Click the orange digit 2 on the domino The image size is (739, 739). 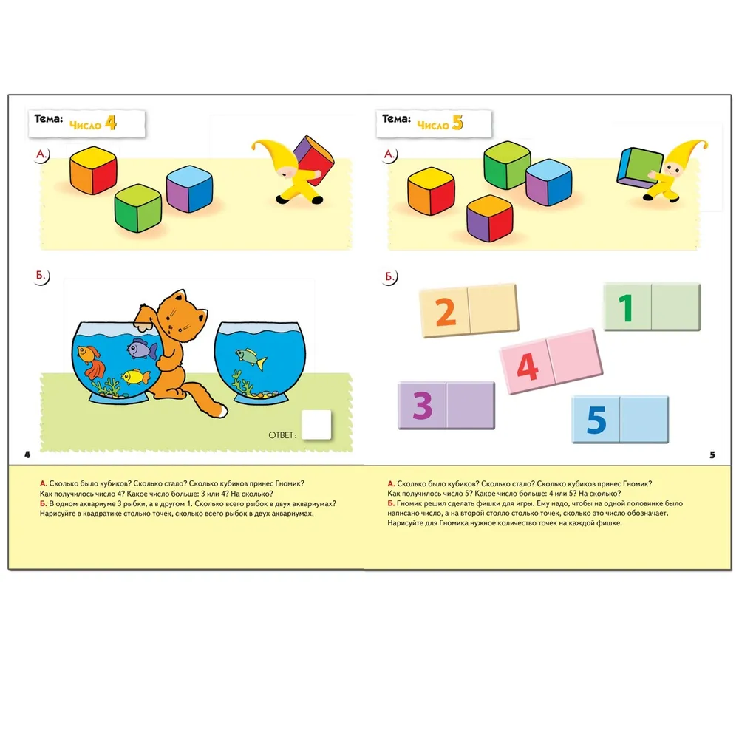pos(446,312)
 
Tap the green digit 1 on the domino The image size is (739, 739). pos(625,307)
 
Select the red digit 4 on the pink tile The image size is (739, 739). pos(527,367)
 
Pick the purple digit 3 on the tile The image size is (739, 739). pos(422,405)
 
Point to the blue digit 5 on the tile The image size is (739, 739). pos(596,419)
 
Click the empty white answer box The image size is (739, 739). pos(316,425)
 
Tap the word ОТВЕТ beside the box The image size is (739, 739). pos(282,435)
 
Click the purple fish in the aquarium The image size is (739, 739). pos(142,350)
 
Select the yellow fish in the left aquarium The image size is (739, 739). pos(136,377)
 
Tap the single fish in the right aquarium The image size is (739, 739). pos(251,358)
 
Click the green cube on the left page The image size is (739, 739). pos(138,208)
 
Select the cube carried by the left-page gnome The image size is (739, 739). pos(313,160)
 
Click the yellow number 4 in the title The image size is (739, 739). pos(111,123)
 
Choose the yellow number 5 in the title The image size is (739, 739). pos(457,123)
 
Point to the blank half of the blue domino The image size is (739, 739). pos(644,419)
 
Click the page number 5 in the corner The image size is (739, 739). pos(712,454)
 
